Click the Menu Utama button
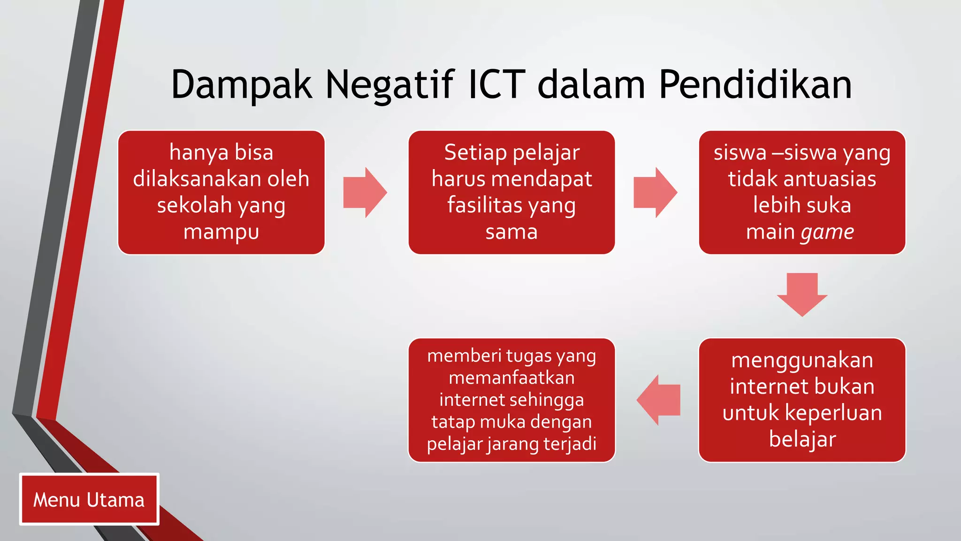click(89, 499)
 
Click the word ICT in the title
click(496, 85)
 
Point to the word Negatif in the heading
click(390, 85)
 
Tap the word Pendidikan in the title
click(755, 85)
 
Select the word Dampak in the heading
click(242, 85)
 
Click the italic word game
click(827, 232)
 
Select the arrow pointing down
click(802, 294)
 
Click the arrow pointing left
click(658, 400)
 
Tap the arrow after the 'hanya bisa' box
click(365, 192)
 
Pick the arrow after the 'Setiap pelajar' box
click(655, 192)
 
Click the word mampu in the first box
click(221, 232)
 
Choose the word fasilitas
click(485, 206)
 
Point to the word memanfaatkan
click(511, 378)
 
